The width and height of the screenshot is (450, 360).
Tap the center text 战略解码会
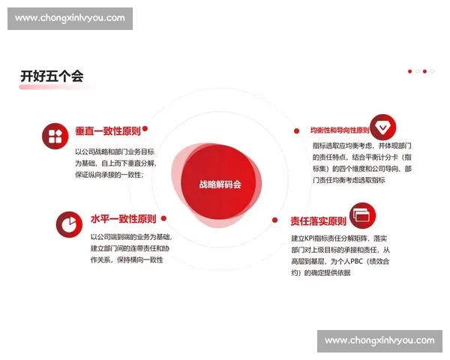tap(220, 184)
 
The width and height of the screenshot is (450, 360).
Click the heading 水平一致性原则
tap(123, 219)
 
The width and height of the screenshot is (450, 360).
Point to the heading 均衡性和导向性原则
tap(340, 129)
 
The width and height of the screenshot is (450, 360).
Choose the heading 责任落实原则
tap(318, 221)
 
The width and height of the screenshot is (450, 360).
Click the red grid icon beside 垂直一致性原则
tap(55, 135)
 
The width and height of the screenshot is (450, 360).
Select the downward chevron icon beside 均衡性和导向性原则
tap(382, 125)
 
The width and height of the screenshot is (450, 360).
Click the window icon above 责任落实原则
tap(362, 214)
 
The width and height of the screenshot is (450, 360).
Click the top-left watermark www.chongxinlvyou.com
tap(72, 18)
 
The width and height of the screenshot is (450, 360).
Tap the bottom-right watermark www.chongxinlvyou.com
tap(379, 340)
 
